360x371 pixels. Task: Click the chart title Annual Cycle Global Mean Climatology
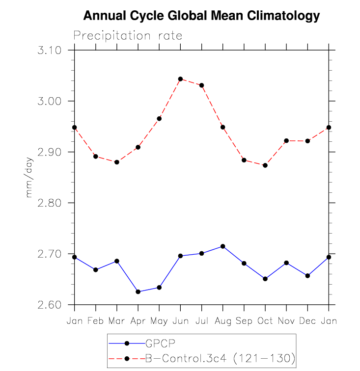tap(201, 16)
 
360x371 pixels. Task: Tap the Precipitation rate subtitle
tap(128, 36)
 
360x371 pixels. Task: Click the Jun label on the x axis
tap(180, 320)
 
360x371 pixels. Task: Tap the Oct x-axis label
tap(265, 320)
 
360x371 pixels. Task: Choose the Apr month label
tap(138, 321)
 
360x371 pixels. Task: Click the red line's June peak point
tap(180, 79)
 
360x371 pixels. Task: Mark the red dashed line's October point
tap(265, 165)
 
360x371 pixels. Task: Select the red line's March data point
tap(117, 162)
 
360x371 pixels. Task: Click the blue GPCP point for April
tap(138, 292)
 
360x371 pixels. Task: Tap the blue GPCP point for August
tap(223, 246)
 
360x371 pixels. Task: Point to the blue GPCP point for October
tap(265, 279)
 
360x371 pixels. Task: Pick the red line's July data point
tap(201, 85)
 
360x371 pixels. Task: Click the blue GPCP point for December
tap(307, 276)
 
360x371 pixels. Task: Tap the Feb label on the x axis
tap(96, 320)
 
